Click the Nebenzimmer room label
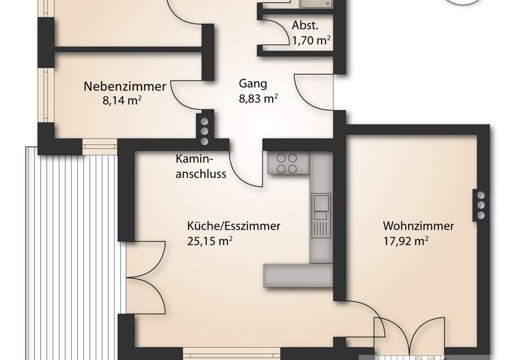(x=125, y=86)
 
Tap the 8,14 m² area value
(x=122, y=100)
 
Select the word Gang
(x=253, y=84)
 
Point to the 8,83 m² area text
(x=258, y=98)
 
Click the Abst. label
(x=305, y=26)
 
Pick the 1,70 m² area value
(x=311, y=41)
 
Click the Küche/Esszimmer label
(x=234, y=226)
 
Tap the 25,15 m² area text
(x=210, y=241)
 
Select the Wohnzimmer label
(x=418, y=226)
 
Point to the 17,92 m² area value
(x=405, y=241)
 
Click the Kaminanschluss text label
(x=201, y=167)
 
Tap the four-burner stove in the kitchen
(x=287, y=164)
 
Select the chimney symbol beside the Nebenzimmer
(x=204, y=131)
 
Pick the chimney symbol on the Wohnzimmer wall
(x=481, y=205)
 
